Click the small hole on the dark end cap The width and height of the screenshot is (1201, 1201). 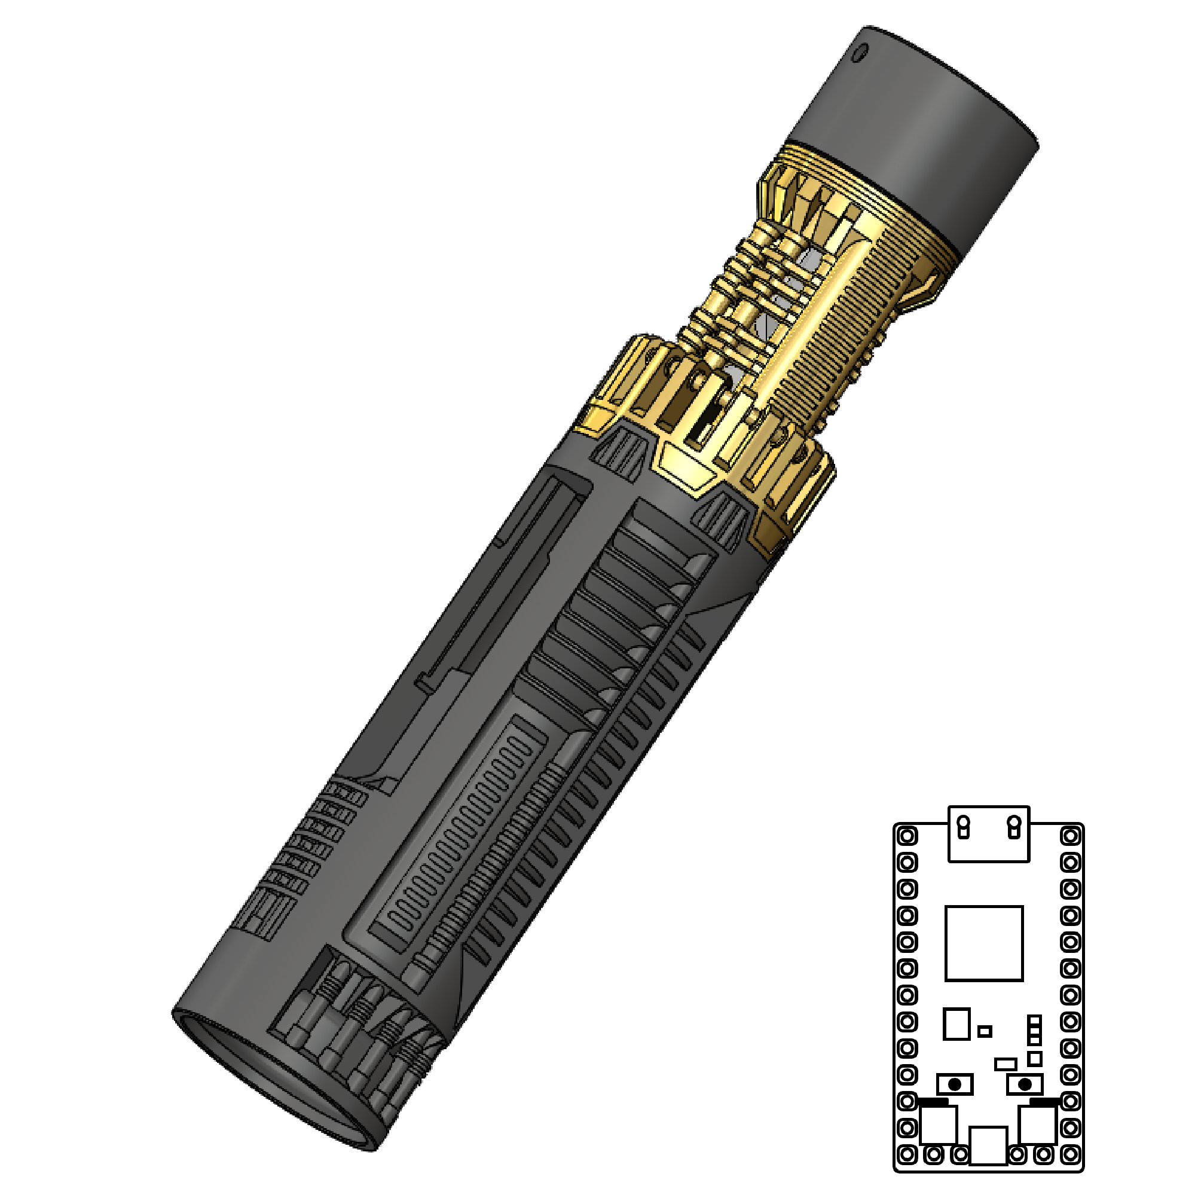tap(860, 53)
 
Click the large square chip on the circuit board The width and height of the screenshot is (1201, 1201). tap(984, 943)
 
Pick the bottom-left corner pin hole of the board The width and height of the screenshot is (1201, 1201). tap(907, 1155)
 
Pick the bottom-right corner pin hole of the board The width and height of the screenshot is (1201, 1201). tap(1071, 1155)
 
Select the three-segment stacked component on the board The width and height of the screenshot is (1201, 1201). tap(1034, 1030)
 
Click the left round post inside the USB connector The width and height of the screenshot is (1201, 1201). tap(964, 827)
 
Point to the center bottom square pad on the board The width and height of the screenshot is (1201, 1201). tap(988, 1145)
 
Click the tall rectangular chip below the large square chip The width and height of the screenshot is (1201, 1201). tap(956, 1024)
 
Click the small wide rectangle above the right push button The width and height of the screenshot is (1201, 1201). tap(1005, 1064)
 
